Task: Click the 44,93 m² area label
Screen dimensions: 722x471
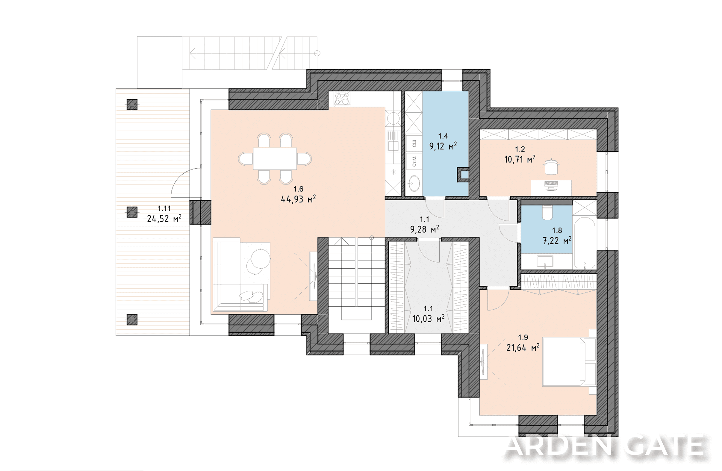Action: click(x=298, y=199)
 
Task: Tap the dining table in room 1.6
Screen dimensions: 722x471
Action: click(x=275, y=159)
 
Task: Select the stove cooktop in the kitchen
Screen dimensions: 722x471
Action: click(x=342, y=99)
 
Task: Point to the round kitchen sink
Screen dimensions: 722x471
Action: click(x=393, y=118)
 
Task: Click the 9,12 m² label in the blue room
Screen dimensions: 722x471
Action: click(x=443, y=146)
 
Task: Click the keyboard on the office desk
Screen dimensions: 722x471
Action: click(x=551, y=184)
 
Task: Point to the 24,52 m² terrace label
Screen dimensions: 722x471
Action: click(x=164, y=218)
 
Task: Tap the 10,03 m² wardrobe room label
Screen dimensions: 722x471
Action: click(x=428, y=319)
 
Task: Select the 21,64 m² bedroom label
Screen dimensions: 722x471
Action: click(x=523, y=348)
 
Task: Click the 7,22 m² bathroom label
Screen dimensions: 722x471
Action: click(x=557, y=241)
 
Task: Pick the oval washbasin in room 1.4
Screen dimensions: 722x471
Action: click(x=413, y=183)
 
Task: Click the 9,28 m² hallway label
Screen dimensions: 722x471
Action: click(x=424, y=229)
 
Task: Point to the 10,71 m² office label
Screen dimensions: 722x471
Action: click(x=520, y=159)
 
